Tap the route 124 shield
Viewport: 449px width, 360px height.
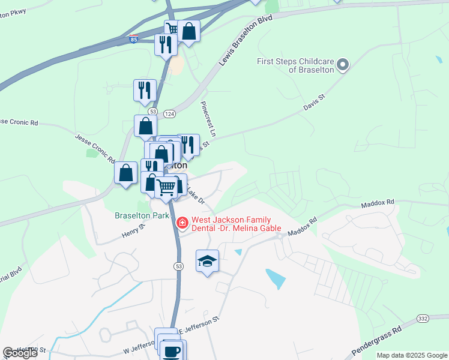click(169, 113)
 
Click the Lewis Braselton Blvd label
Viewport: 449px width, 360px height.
click(246, 40)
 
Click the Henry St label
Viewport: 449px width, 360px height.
click(134, 229)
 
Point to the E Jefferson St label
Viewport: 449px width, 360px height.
click(198, 327)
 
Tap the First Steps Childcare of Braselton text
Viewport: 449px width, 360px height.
click(295, 65)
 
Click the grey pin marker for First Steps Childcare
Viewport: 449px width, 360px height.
click(343, 64)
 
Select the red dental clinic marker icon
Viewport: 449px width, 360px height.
click(182, 223)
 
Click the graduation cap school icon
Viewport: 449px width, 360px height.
click(207, 261)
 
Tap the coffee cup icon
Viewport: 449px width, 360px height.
click(173, 350)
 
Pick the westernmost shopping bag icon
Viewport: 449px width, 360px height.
click(126, 173)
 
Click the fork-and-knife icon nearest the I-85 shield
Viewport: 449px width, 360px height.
click(165, 44)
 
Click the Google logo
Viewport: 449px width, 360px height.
click(20, 353)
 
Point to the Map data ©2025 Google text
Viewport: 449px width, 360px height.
click(412, 355)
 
